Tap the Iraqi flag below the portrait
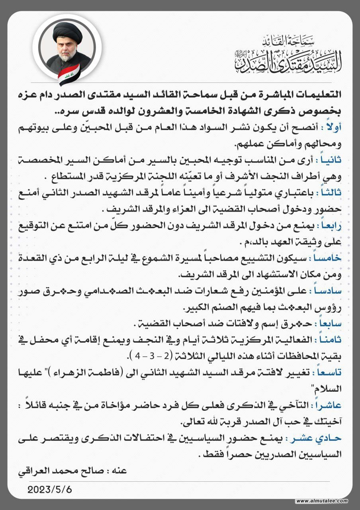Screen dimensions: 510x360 (68, 75)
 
